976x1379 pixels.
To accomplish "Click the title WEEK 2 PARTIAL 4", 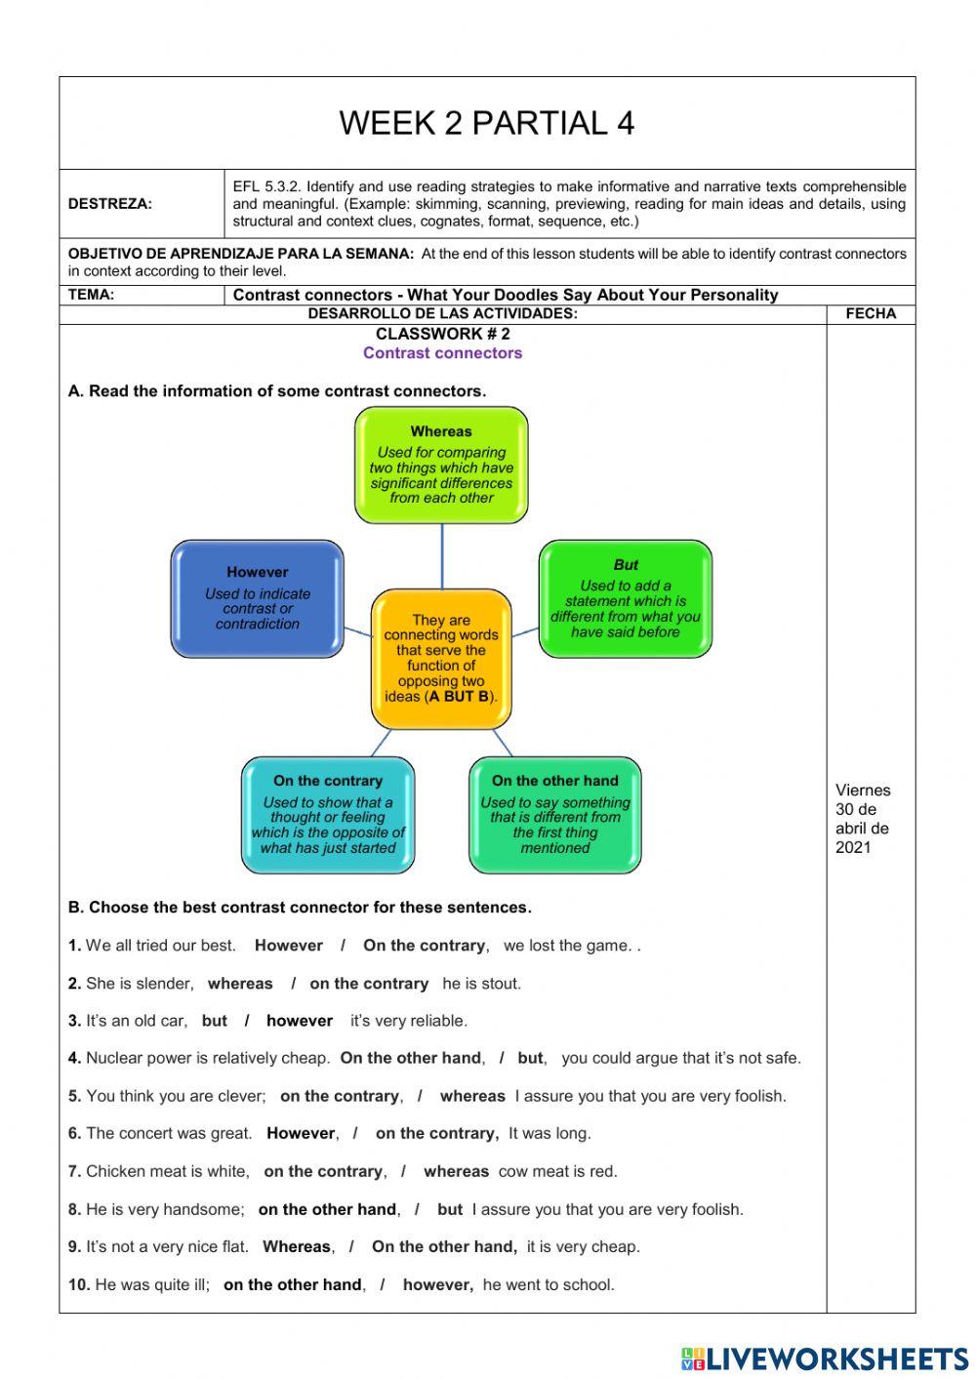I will [x=486, y=123].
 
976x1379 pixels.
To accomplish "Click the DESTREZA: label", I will [x=109, y=204].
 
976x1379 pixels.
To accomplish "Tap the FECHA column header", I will [x=871, y=313].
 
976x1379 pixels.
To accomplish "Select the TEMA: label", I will [x=91, y=294].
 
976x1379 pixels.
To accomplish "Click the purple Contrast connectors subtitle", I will [x=442, y=353].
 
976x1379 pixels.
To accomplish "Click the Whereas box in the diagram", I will [x=441, y=465].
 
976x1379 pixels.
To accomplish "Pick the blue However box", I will [x=258, y=598].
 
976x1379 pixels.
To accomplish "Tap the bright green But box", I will [x=626, y=598].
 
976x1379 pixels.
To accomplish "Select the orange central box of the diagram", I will [x=441, y=659].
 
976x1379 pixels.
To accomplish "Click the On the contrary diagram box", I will [x=328, y=815].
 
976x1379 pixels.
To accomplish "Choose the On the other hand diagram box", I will [x=554, y=815].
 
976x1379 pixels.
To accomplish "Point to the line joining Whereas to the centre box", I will [x=442, y=556].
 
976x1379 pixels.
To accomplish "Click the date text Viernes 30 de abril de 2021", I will [x=863, y=818].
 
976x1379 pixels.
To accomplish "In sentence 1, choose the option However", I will [x=288, y=945].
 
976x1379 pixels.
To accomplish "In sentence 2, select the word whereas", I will [x=240, y=983].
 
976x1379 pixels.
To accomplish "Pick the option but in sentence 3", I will [x=214, y=1021].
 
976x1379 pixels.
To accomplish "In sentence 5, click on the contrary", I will [x=340, y=1096].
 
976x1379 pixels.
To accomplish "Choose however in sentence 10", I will [x=437, y=1284].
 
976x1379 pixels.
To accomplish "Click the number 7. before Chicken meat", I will [x=74, y=1171].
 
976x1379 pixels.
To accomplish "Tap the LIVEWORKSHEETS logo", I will [x=825, y=1359].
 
